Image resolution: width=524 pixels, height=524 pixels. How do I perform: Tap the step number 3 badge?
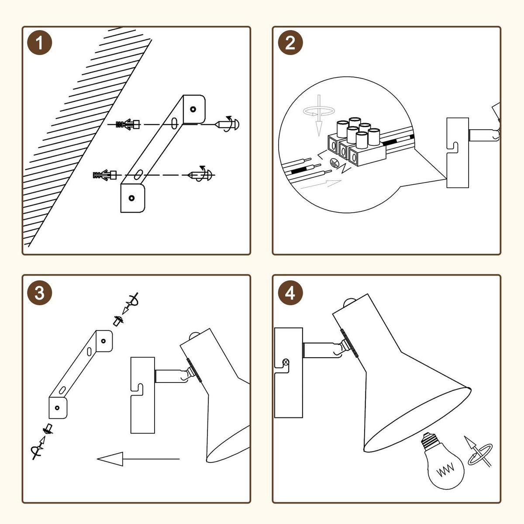point(40,293)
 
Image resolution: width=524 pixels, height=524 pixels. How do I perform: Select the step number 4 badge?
point(290,293)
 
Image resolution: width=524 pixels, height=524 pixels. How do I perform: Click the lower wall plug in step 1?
point(105,175)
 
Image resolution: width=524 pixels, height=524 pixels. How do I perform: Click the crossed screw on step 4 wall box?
point(286,362)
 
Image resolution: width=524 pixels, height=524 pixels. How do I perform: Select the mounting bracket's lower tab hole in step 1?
point(131,198)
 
